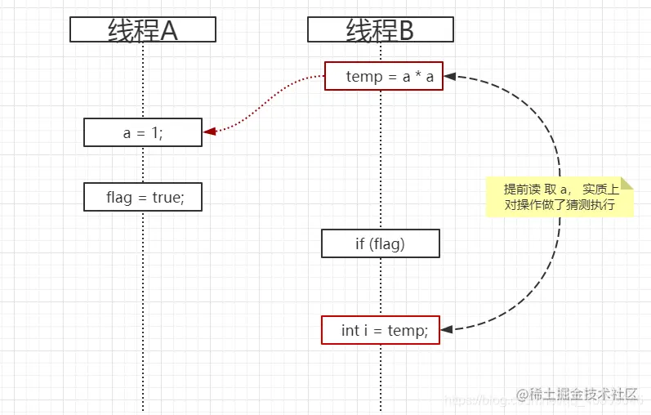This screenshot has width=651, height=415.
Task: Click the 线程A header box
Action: click(143, 30)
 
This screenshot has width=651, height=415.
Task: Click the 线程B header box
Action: click(380, 30)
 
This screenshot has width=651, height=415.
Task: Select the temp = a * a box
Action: click(384, 76)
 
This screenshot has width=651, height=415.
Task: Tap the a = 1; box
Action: click(143, 132)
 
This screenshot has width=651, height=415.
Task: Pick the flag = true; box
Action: click(143, 197)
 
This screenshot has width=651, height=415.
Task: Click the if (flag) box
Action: click(381, 243)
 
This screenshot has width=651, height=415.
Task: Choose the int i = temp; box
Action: click(381, 330)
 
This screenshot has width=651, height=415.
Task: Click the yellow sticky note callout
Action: click(560, 197)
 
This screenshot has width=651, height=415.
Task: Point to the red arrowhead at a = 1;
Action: click(209, 131)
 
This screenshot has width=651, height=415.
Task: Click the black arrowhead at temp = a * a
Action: click(449, 76)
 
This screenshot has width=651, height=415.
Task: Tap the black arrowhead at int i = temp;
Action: click(446, 329)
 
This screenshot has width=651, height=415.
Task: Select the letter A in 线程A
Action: click(168, 30)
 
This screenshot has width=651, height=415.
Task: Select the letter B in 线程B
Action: click(405, 30)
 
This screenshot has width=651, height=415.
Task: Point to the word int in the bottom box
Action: click(350, 330)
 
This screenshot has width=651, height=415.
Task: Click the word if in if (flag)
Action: click(360, 243)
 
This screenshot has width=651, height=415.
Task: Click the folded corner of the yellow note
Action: click(626, 183)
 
